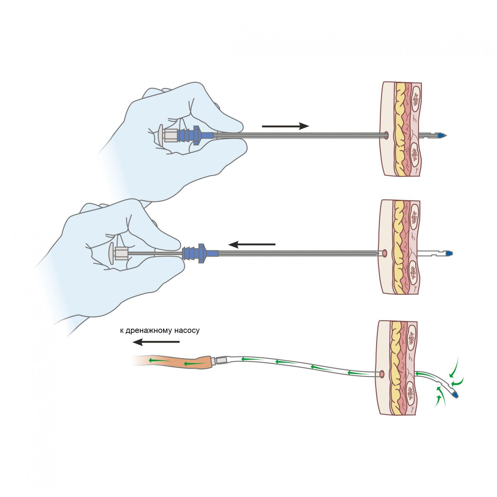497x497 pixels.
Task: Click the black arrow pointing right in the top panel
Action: point(285,126)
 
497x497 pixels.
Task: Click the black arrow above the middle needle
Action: point(252,245)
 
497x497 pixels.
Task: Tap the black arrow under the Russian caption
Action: point(156,342)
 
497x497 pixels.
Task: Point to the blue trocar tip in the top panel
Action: point(441,136)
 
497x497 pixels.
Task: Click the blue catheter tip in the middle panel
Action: point(449,254)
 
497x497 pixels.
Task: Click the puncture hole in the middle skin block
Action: point(384,253)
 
